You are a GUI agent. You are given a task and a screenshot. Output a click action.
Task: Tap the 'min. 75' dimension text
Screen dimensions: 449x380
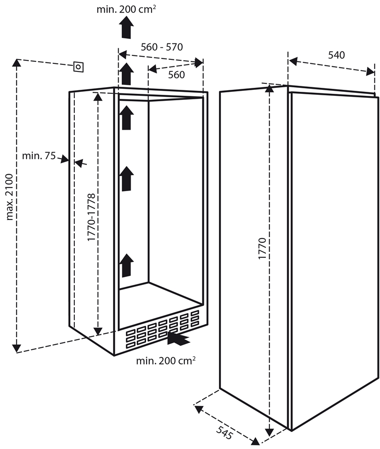tap(38, 156)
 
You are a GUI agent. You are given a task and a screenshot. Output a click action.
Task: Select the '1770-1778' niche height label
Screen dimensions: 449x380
tap(91, 218)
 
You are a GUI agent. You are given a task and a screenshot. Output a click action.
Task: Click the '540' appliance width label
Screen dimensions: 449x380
tap(337, 55)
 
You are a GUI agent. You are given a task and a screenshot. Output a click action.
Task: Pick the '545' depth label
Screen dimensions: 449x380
tap(225, 432)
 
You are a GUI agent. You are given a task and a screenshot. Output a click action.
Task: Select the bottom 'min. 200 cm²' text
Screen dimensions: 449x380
tap(166, 361)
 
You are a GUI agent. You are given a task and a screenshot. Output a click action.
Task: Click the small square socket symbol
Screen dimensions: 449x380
tap(78, 67)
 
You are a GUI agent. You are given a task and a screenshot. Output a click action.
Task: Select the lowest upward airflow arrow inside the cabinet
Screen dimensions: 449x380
tap(127, 265)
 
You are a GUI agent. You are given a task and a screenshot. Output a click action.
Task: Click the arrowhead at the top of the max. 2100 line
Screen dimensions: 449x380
tap(17, 63)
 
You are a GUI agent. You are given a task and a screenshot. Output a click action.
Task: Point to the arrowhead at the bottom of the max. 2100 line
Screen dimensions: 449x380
tap(17, 348)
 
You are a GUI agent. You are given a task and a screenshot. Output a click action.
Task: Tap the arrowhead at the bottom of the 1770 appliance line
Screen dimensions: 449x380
tap(270, 432)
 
